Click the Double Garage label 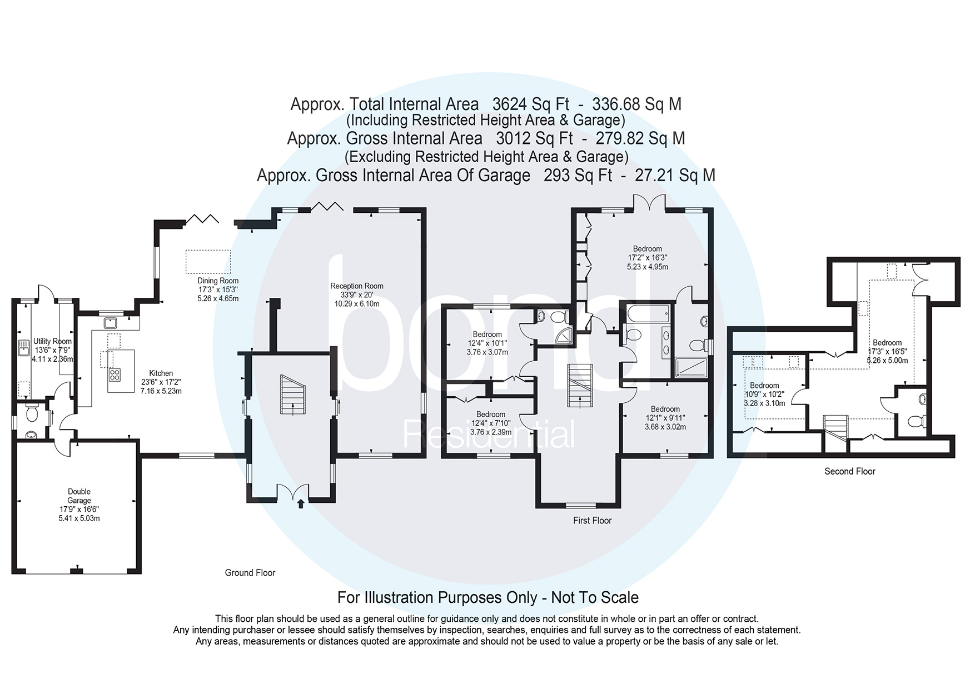pos(79,505)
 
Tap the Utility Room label pos(52,350)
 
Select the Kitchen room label pos(161,382)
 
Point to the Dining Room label pos(218,289)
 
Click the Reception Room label pos(357,294)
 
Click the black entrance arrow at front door pos(301,503)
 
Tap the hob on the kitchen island pos(115,375)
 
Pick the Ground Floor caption pos(250,572)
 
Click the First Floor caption pos(592,520)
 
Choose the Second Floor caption pos(849,471)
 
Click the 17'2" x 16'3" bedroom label pos(648,257)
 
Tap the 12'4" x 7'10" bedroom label pos(491,423)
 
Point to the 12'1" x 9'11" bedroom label pos(665,418)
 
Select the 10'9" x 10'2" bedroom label pos(764,394)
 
